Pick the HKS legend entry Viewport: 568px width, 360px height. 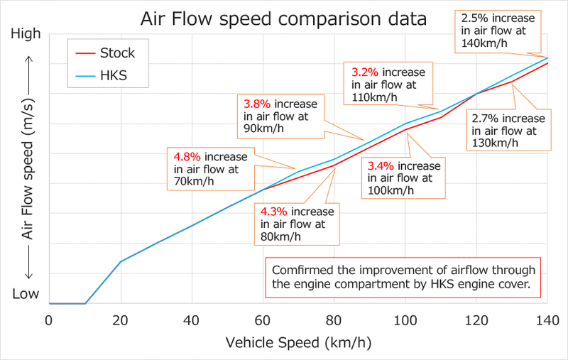[113, 75]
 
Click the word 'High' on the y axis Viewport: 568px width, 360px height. [27, 33]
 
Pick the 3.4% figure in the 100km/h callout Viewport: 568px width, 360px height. [381, 166]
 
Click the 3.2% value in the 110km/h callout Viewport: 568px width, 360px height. [364, 72]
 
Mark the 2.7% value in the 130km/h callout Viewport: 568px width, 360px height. [485, 119]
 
